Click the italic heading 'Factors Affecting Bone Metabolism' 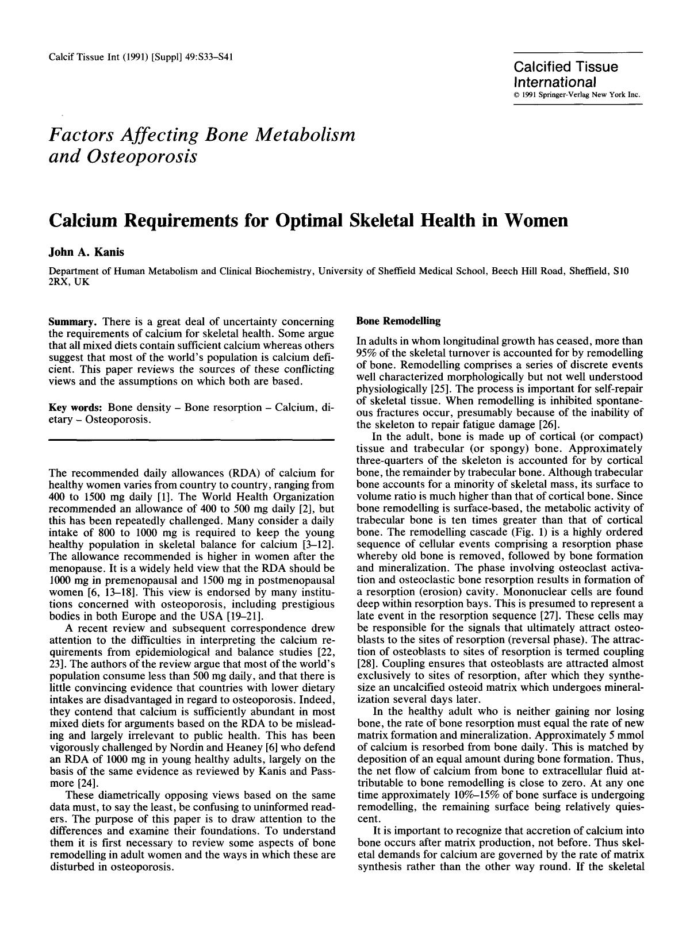click(x=202, y=135)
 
